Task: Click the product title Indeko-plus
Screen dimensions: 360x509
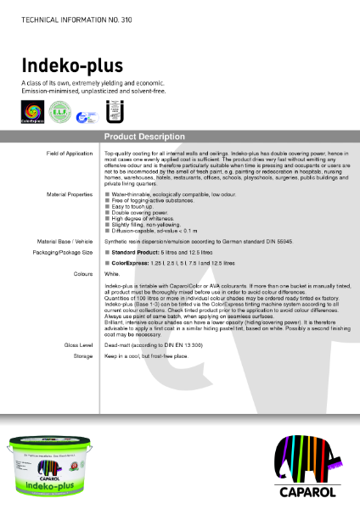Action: [x=73, y=65]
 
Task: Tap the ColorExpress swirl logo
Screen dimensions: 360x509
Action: [x=33, y=113]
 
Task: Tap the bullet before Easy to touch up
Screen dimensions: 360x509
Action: [x=107, y=205]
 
